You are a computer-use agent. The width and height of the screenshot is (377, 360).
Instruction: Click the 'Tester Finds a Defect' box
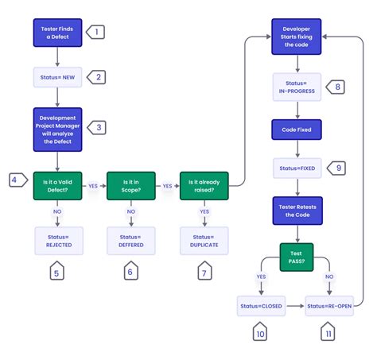[57, 33]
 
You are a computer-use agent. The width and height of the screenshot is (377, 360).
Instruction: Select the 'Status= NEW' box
[57, 77]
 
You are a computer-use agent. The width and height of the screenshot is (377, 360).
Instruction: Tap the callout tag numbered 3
[97, 127]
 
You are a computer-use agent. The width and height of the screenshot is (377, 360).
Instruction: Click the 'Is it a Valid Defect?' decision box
[57, 186]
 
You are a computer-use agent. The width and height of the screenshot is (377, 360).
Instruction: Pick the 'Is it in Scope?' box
[131, 186]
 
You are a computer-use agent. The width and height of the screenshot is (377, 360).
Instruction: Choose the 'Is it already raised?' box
[204, 186]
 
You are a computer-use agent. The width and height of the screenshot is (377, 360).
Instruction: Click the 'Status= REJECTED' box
[59, 241]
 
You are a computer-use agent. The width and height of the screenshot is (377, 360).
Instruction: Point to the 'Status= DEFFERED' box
[131, 241]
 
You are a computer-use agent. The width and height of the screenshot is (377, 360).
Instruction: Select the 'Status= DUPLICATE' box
[204, 241]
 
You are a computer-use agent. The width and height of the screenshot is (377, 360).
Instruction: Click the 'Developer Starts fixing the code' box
[297, 37]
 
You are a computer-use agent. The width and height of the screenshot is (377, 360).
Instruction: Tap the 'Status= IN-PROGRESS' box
[297, 87]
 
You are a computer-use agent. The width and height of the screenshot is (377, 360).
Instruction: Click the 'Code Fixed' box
[297, 130]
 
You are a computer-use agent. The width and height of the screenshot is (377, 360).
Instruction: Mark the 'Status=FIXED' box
[297, 168]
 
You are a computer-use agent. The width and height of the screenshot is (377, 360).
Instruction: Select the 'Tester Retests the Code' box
[297, 211]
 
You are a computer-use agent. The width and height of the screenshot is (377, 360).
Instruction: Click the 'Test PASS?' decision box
[297, 257]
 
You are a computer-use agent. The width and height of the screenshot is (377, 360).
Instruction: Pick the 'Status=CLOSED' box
[261, 306]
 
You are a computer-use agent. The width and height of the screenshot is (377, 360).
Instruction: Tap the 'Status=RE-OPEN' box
[329, 306]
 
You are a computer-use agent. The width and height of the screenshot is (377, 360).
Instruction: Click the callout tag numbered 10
[260, 331]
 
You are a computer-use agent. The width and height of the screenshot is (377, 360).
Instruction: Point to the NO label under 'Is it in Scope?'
[131, 211]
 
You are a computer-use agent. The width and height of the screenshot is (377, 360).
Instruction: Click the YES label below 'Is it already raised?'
[204, 211]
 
